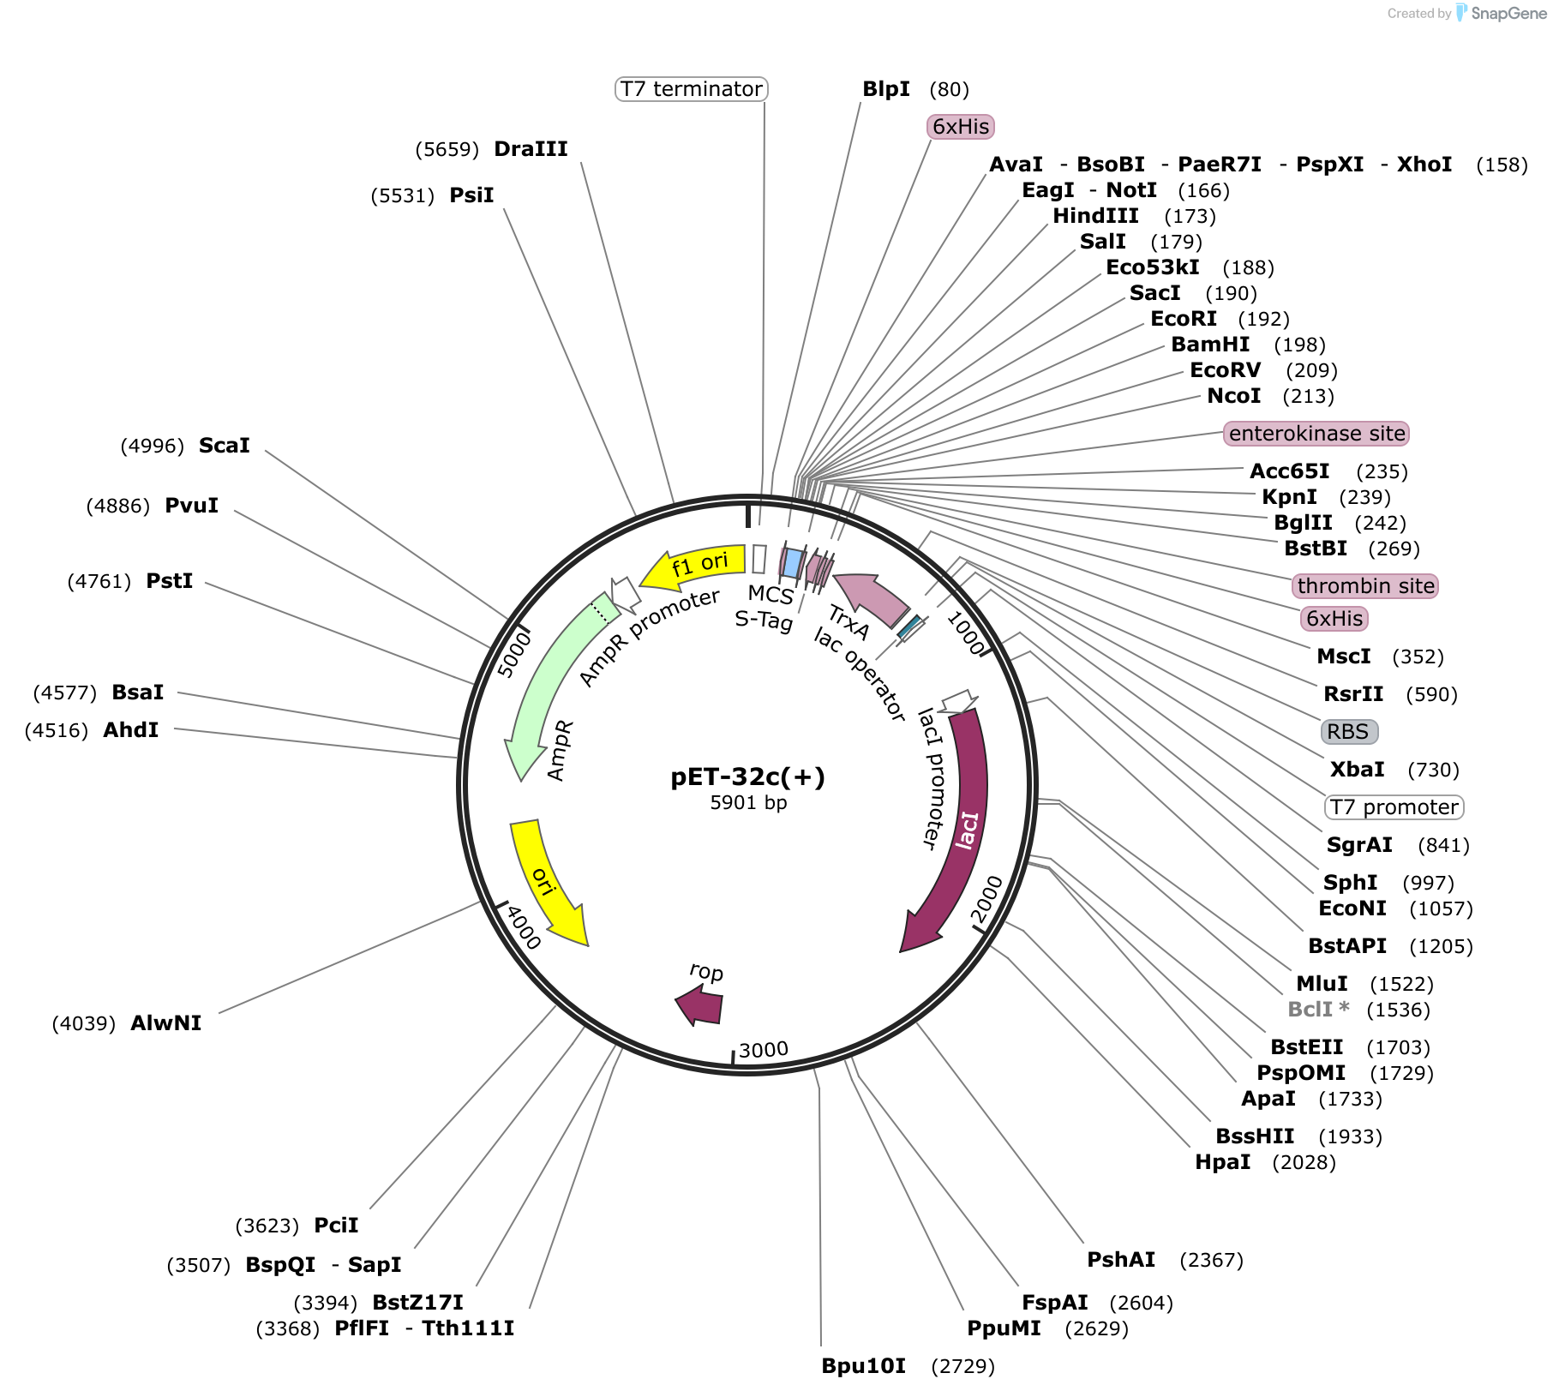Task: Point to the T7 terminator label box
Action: (x=691, y=89)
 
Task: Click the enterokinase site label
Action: (x=1316, y=434)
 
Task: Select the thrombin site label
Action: (x=1365, y=586)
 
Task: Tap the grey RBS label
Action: (x=1349, y=732)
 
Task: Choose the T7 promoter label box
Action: (x=1394, y=807)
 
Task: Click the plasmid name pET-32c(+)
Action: (x=747, y=776)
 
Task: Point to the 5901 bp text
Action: (x=748, y=803)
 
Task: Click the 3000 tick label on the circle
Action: (x=764, y=1050)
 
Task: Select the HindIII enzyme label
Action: (x=1096, y=216)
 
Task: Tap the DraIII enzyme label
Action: (x=531, y=149)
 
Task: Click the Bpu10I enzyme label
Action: (x=864, y=1366)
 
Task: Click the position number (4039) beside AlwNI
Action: (x=84, y=1023)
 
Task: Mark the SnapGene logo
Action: (x=1501, y=13)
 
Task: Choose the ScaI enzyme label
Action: (x=225, y=446)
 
